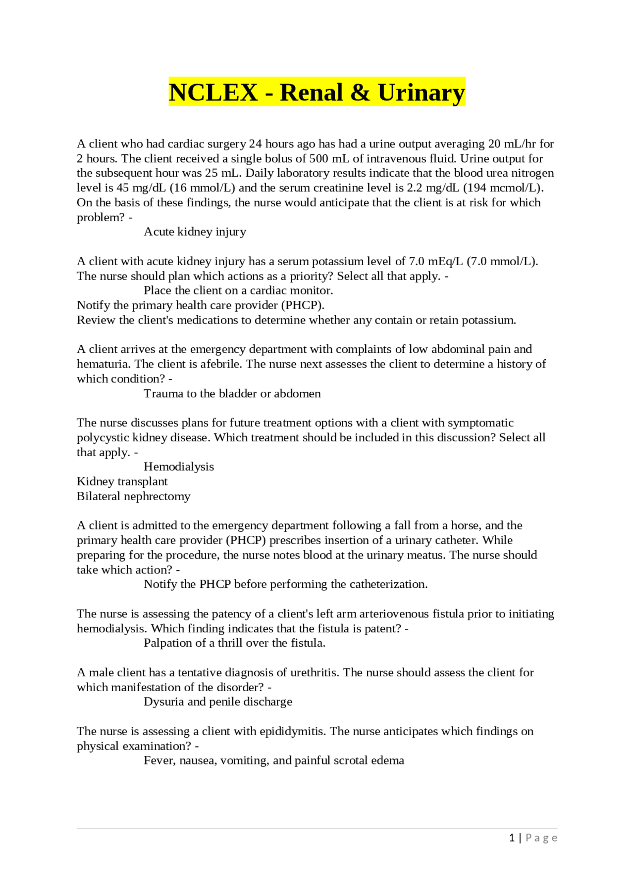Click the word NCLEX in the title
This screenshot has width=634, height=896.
click(x=213, y=93)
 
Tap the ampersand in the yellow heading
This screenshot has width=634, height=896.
click(x=360, y=93)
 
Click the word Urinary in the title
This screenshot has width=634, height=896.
click(x=421, y=93)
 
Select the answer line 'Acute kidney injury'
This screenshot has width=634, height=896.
click(x=195, y=232)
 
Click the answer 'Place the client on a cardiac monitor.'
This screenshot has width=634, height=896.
click(x=238, y=290)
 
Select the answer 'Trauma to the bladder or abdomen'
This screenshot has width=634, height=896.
click(x=232, y=393)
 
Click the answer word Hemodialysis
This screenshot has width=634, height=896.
click(x=179, y=467)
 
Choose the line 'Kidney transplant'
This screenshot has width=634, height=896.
click(x=122, y=481)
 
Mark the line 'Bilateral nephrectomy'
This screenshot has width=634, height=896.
click(x=133, y=496)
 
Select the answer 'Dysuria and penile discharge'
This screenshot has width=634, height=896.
click(x=218, y=702)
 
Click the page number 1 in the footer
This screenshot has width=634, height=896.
click(x=512, y=838)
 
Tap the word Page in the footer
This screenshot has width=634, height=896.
click(x=541, y=838)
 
